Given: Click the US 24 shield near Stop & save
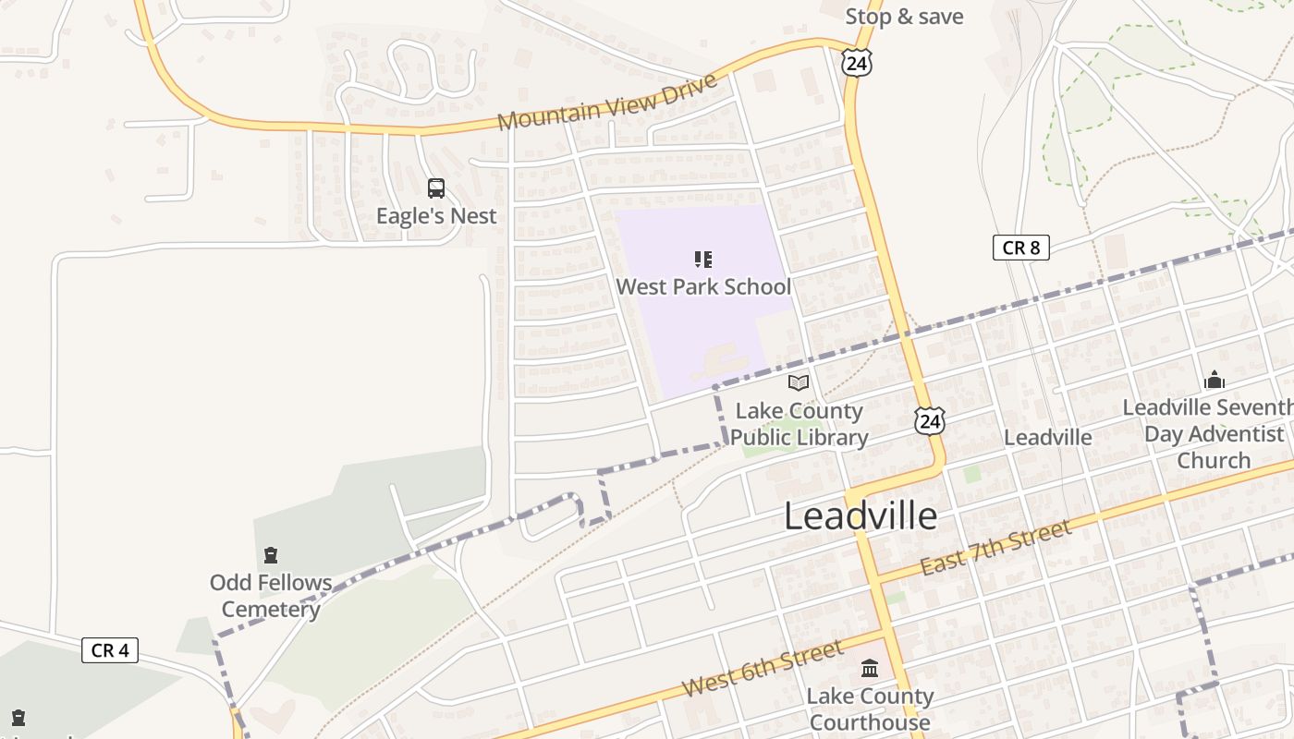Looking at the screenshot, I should (x=857, y=63).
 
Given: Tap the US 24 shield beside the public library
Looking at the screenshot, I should (x=930, y=421).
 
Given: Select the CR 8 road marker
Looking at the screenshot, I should (x=1020, y=248).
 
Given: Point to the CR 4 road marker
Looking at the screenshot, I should (x=109, y=650).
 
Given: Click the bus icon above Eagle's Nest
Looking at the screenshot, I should (x=436, y=188).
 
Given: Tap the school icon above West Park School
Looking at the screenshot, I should (x=703, y=260).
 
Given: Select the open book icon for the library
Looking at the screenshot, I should (x=799, y=382).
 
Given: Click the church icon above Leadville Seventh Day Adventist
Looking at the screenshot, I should (x=1214, y=380).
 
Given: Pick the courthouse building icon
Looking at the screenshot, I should (x=870, y=668).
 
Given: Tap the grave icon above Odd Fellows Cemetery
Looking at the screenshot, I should (x=271, y=555).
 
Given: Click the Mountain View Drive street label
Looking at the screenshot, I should (x=607, y=102).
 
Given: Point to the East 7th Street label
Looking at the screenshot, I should (x=996, y=548).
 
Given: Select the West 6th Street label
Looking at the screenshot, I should (x=763, y=667).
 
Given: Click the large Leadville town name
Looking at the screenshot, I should (x=861, y=515).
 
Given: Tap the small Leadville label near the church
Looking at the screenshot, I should (x=1047, y=437).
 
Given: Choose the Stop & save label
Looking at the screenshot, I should (x=904, y=17).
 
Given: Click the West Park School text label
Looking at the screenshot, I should (x=703, y=286).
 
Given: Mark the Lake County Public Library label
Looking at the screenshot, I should (x=800, y=424).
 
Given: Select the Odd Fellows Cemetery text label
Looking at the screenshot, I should (x=271, y=596).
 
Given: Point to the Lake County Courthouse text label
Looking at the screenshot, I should (x=870, y=709).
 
